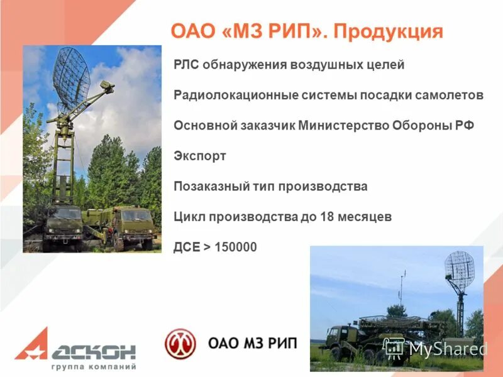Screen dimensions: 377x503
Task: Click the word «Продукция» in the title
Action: click(x=388, y=32)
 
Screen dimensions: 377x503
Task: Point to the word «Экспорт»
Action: click(x=199, y=156)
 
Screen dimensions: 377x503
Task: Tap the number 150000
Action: click(x=236, y=247)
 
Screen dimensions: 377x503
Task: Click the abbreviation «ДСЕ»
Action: click(x=187, y=247)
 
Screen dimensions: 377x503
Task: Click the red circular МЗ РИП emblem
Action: click(x=180, y=344)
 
